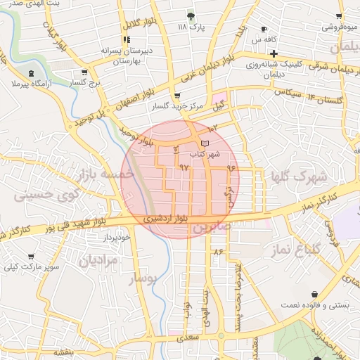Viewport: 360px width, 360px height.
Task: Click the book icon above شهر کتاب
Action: click(x=205, y=143)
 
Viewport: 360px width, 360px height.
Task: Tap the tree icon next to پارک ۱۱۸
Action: click(x=191, y=15)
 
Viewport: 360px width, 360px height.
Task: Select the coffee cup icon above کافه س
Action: click(x=264, y=30)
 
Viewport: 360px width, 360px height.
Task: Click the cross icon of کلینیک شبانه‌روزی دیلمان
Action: click(x=274, y=53)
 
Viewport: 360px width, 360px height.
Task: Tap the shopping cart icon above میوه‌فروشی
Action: click(x=340, y=16)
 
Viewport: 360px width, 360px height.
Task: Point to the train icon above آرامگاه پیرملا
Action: click(x=31, y=73)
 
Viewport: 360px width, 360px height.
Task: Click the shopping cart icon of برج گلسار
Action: click(x=85, y=72)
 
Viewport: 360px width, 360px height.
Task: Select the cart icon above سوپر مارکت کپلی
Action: click(x=30, y=257)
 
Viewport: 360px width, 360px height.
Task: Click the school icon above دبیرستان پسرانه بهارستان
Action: click(x=129, y=41)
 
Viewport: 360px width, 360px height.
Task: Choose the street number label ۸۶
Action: click(x=217, y=251)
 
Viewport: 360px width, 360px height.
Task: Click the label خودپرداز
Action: click(x=117, y=238)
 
